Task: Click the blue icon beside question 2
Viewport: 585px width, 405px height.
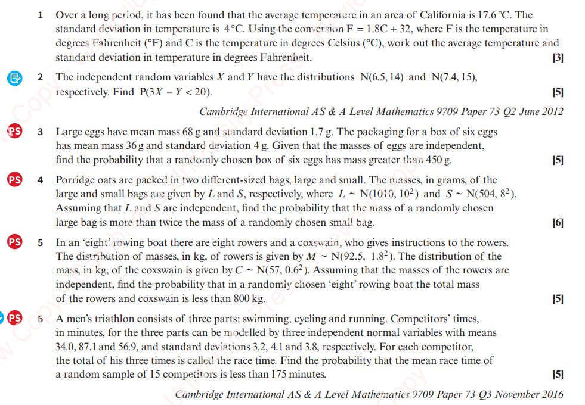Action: point(15,78)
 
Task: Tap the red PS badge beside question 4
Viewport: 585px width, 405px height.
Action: point(15,180)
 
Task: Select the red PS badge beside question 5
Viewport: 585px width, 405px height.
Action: point(15,242)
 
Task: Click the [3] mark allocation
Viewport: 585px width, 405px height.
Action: point(558,58)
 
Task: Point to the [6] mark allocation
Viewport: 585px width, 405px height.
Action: point(558,223)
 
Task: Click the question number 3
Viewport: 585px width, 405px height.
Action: point(41,132)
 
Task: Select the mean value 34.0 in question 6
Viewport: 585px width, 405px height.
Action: point(65,347)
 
